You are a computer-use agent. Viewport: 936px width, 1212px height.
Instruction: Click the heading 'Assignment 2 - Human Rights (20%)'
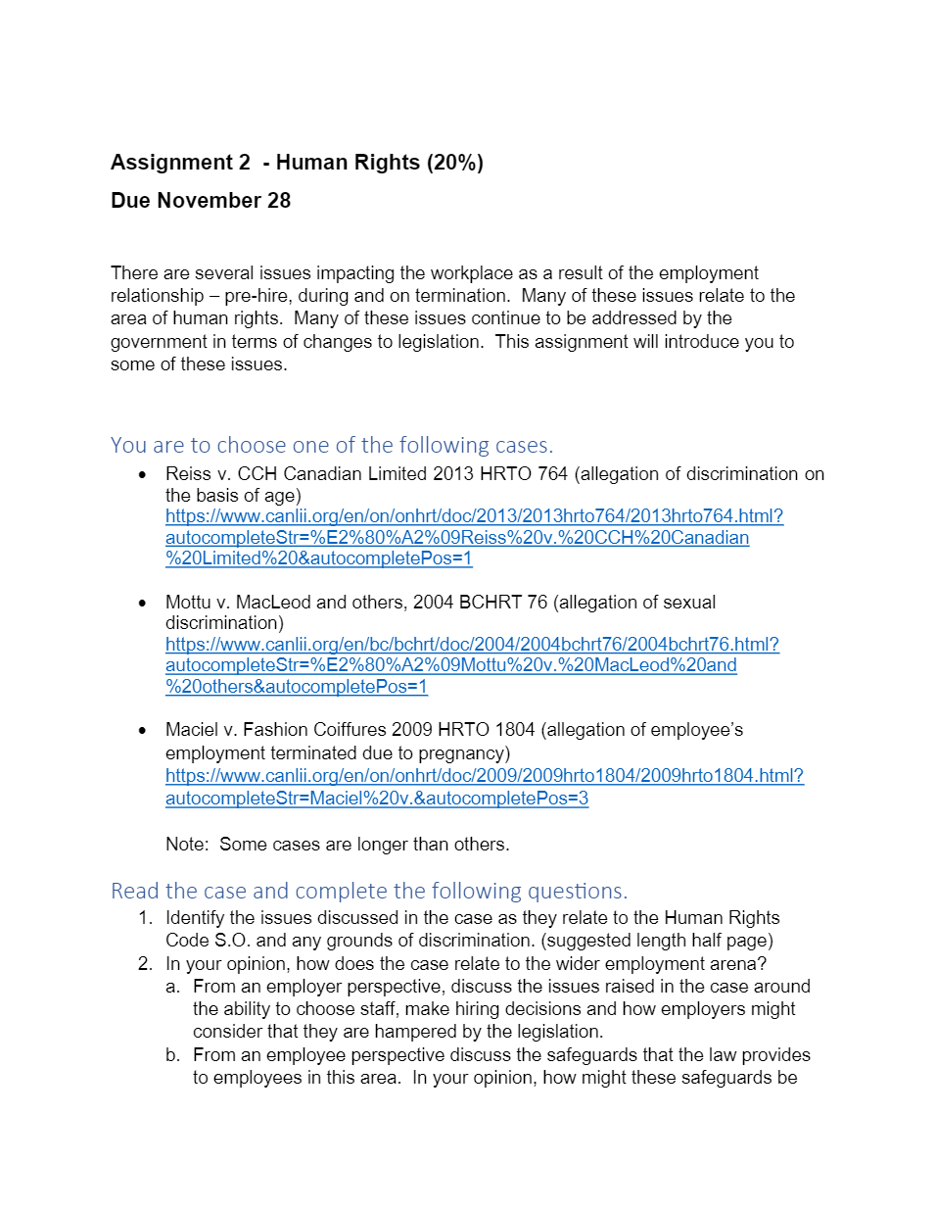point(297,163)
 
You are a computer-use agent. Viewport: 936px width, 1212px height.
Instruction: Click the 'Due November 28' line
point(201,201)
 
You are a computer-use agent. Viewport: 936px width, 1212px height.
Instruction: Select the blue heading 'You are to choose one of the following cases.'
point(331,445)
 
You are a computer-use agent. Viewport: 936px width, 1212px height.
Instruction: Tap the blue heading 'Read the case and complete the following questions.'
point(368,891)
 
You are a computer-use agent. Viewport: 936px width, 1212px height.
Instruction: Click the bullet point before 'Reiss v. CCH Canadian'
point(143,475)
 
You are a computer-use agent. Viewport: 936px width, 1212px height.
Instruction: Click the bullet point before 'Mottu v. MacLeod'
point(143,603)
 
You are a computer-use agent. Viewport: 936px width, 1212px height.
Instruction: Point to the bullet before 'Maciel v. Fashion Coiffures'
point(143,731)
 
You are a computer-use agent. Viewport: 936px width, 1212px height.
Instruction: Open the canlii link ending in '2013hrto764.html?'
point(474,516)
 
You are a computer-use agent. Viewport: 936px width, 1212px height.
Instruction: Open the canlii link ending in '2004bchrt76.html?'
point(472,645)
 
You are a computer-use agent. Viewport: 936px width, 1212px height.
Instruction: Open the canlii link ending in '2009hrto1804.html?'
point(484,776)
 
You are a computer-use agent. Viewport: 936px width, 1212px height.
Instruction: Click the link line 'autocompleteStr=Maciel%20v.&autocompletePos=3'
point(377,799)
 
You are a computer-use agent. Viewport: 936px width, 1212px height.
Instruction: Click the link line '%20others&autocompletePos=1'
point(297,687)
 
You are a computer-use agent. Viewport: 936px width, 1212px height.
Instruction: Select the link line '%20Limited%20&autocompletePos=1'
point(318,558)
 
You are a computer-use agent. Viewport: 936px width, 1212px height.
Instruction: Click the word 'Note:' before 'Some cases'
point(187,845)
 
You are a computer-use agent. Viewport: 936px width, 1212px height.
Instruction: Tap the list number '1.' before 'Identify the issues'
point(145,918)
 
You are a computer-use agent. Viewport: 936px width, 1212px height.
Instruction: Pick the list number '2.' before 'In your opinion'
point(145,964)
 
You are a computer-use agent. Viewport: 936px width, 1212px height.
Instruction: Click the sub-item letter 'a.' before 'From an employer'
point(172,987)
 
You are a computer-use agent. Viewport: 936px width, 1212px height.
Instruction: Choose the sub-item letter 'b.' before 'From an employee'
point(172,1055)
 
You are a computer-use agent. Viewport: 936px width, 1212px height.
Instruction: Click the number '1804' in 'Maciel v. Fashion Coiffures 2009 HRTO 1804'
point(515,730)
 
